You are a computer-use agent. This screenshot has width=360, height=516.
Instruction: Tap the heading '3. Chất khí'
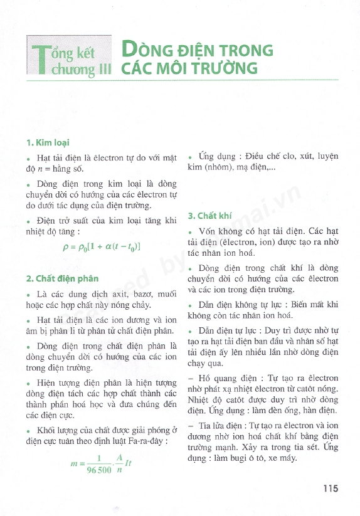coord(208,216)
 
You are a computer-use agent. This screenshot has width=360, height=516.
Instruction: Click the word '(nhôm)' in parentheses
coord(223,169)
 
